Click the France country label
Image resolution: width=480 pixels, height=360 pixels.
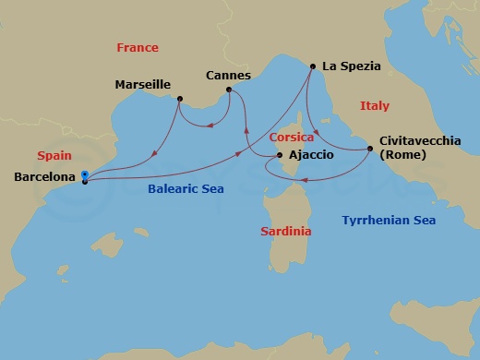coord(138,47)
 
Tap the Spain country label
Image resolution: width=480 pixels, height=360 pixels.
coord(54,155)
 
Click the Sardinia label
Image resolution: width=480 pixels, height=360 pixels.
coord(285,231)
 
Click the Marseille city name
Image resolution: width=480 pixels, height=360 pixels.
coord(142,84)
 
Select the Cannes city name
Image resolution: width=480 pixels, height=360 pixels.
coord(228,75)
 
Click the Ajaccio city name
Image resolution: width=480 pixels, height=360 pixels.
coord(311,154)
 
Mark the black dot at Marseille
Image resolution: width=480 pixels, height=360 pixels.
coord(179,99)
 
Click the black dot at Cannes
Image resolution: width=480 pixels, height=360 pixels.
coord(229,90)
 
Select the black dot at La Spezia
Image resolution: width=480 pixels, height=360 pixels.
coord(313,66)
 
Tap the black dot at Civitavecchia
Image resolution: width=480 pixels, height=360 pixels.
coord(371,147)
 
